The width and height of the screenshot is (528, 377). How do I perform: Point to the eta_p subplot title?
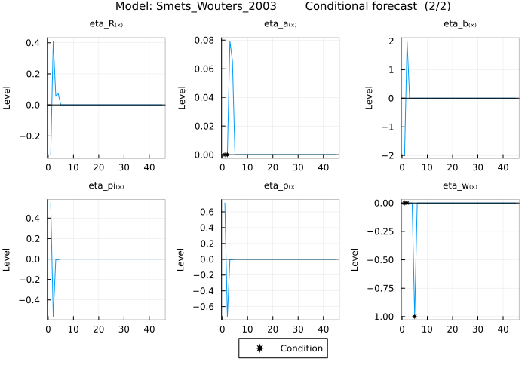coord(280,185)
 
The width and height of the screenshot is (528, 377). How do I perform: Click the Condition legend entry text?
coord(301,348)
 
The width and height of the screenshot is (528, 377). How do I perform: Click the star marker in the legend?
coord(260,348)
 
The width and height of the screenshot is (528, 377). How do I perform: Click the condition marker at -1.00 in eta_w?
coord(414,317)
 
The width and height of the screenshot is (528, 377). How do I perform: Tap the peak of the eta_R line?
coord(53,41)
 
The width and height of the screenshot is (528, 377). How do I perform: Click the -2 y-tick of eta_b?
coord(389,155)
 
